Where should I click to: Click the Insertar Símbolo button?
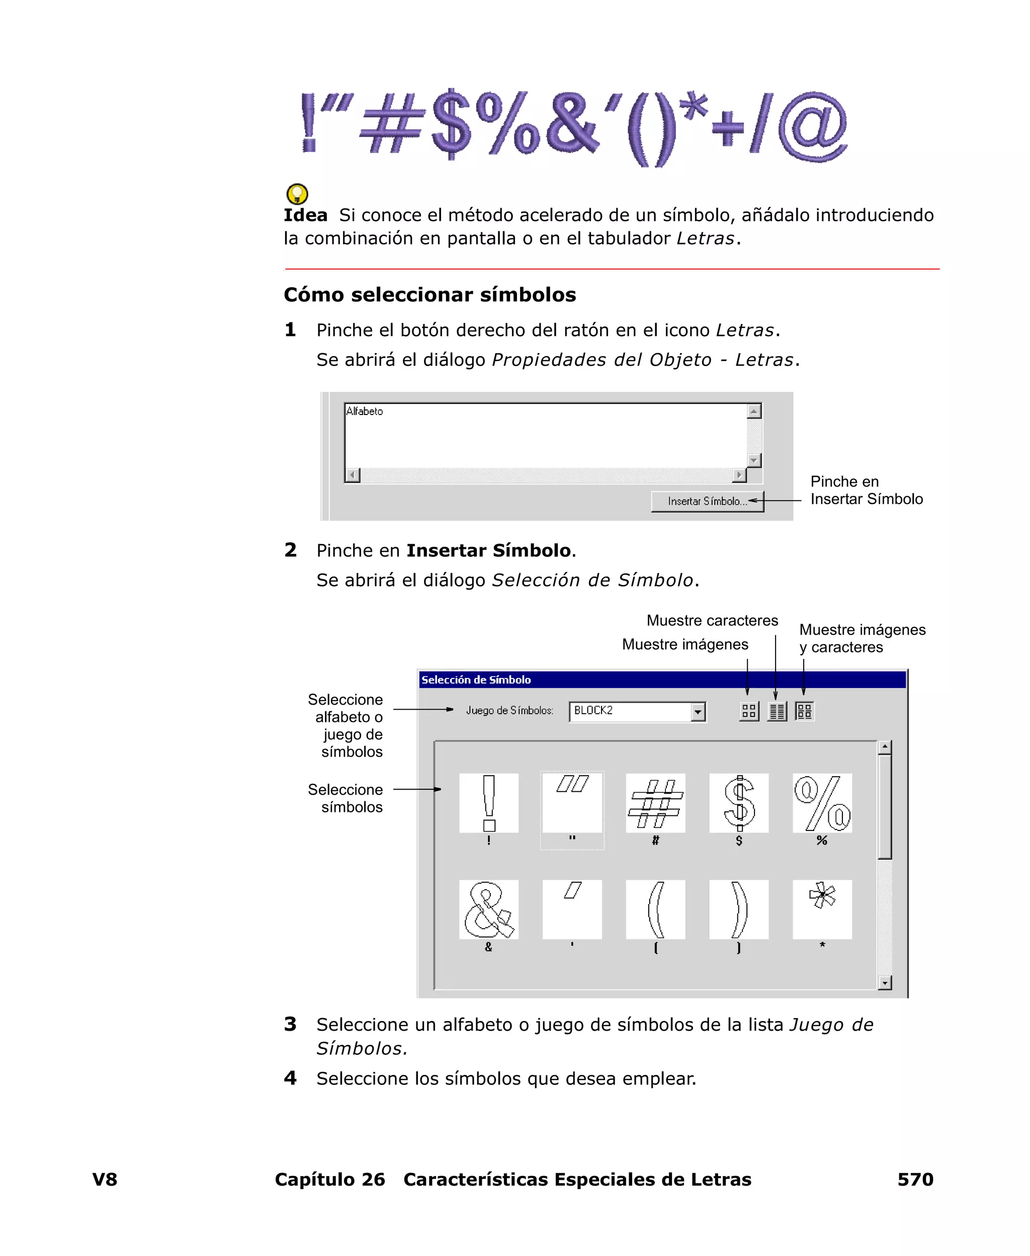[707, 501]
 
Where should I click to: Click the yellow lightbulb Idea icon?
[297, 194]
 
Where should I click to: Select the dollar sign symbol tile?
[739, 803]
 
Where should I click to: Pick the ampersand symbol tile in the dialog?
[488, 909]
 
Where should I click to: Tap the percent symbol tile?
[822, 803]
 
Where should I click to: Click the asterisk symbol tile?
[822, 909]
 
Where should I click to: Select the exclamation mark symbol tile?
[488, 803]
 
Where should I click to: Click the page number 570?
[915, 1180]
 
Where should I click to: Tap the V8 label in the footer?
[105, 1180]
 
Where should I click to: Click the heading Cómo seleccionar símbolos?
[430, 295]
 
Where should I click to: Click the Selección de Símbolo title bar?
[661, 680]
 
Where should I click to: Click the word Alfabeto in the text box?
[364, 411]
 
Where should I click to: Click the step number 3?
[290, 1024]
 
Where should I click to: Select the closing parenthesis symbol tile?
[739, 909]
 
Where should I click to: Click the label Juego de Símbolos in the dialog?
[509, 710]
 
